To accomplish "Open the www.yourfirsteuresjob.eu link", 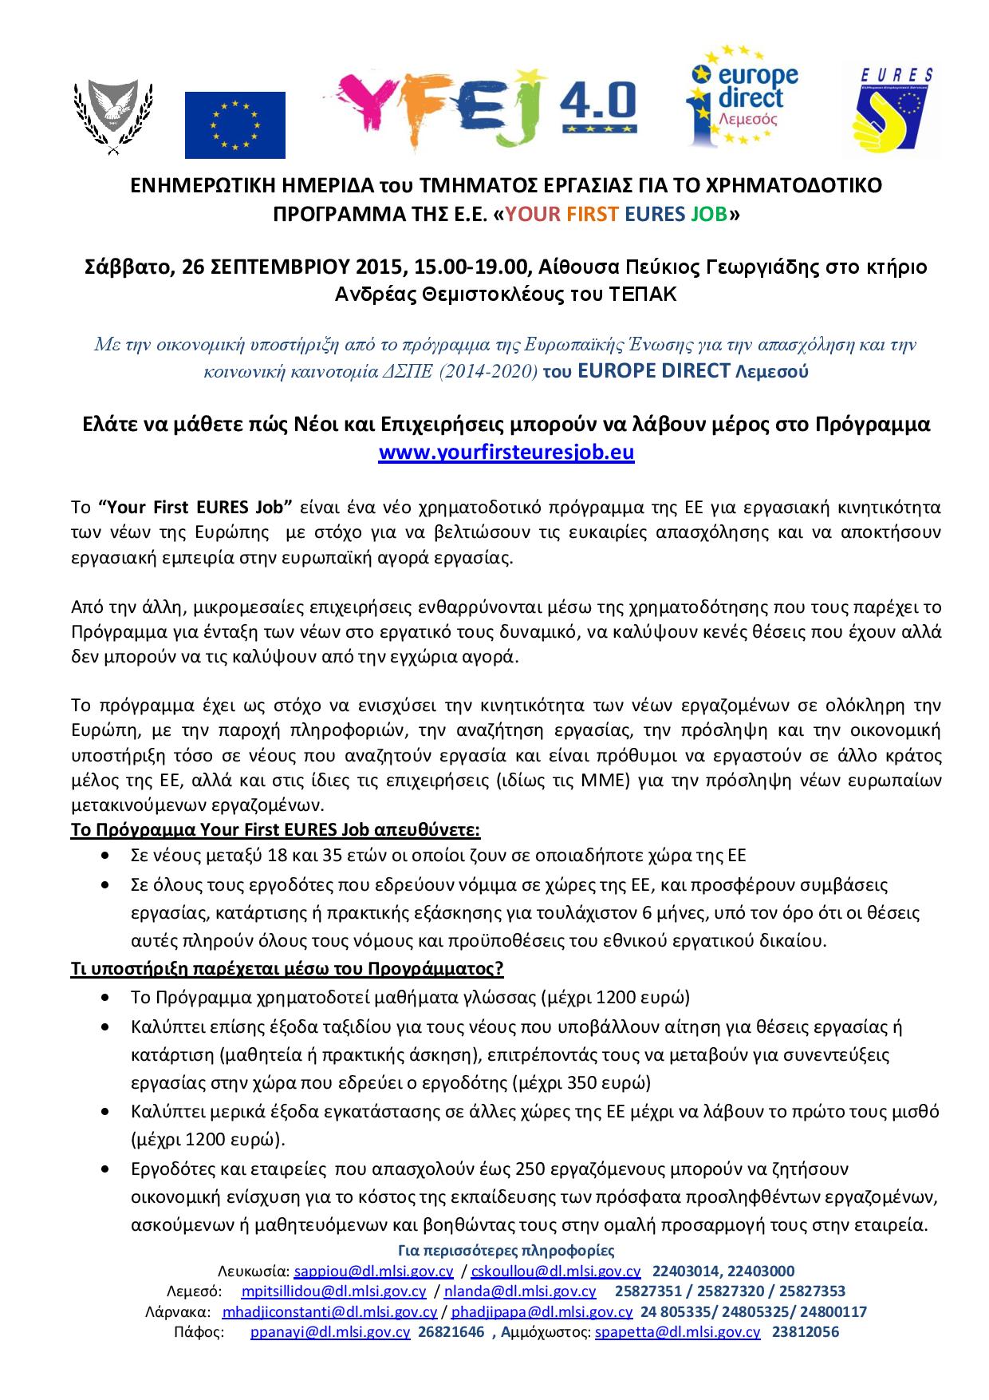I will tap(506, 453).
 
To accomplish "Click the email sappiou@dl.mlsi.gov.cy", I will tap(373, 1271).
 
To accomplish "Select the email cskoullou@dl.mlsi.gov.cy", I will tap(556, 1271).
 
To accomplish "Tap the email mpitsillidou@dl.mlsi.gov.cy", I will tap(333, 1291).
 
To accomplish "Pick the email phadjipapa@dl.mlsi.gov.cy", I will tap(542, 1311).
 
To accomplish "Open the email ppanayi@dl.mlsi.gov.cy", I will tap(330, 1332).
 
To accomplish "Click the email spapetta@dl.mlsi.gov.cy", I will tap(678, 1332).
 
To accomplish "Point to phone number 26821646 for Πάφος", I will tap(451, 1332).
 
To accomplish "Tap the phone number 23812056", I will tap(806, 1332).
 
